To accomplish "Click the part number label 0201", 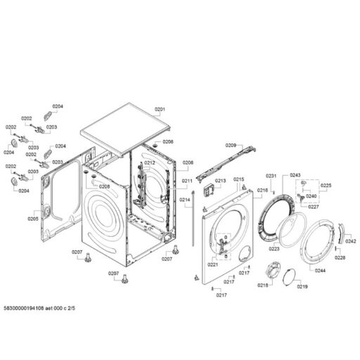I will click(160, 110).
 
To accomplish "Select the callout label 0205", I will click(33, 219).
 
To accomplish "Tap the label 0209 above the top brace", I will click(231, 145).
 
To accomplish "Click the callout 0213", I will click(221, 181).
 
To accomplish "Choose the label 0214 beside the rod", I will click(184, 200).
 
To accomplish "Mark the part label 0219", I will click(302, 287).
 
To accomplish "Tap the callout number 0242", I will click(351, 241).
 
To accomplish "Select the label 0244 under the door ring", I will click(320, 270).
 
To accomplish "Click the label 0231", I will click(271, 175).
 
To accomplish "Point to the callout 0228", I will click(340, 258).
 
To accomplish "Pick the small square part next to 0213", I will click(208, 189).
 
